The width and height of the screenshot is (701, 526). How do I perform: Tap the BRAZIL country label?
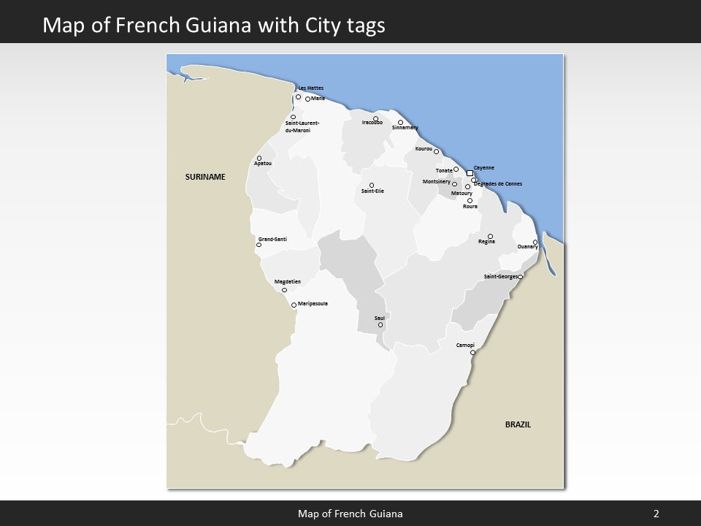(x=518, y=424)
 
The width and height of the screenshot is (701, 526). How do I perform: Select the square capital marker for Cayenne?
(x=470, y=173)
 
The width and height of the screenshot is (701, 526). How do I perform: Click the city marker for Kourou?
(x=437, y=152)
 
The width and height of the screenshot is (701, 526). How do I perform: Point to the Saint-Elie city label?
(x=372, y=191)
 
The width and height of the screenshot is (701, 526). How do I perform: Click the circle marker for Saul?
(x=380, y=324)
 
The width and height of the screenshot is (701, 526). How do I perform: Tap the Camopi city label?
(x=465, y=345)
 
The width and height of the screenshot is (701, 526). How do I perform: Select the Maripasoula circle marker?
(x=294, y=305)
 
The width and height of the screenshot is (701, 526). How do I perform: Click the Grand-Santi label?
(x=272, y=239)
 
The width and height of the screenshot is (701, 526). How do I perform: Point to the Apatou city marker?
(x=259, y=158)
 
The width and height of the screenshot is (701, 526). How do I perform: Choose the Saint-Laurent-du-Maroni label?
(x=298, y=126)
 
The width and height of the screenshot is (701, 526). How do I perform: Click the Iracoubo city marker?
(x=376, y=118)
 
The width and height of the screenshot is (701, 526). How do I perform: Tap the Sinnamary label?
(x=405, y=128)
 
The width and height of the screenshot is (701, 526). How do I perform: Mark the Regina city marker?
(x=490, y=236)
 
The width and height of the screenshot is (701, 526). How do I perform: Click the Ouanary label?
(x=527, y=247)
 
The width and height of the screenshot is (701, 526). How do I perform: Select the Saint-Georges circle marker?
(x=521, y=277)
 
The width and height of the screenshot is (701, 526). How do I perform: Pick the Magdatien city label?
(x=287, y=281)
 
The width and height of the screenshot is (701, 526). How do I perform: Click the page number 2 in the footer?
(x=656, y=514)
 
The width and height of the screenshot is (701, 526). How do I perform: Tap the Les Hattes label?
(x=311, y=88)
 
